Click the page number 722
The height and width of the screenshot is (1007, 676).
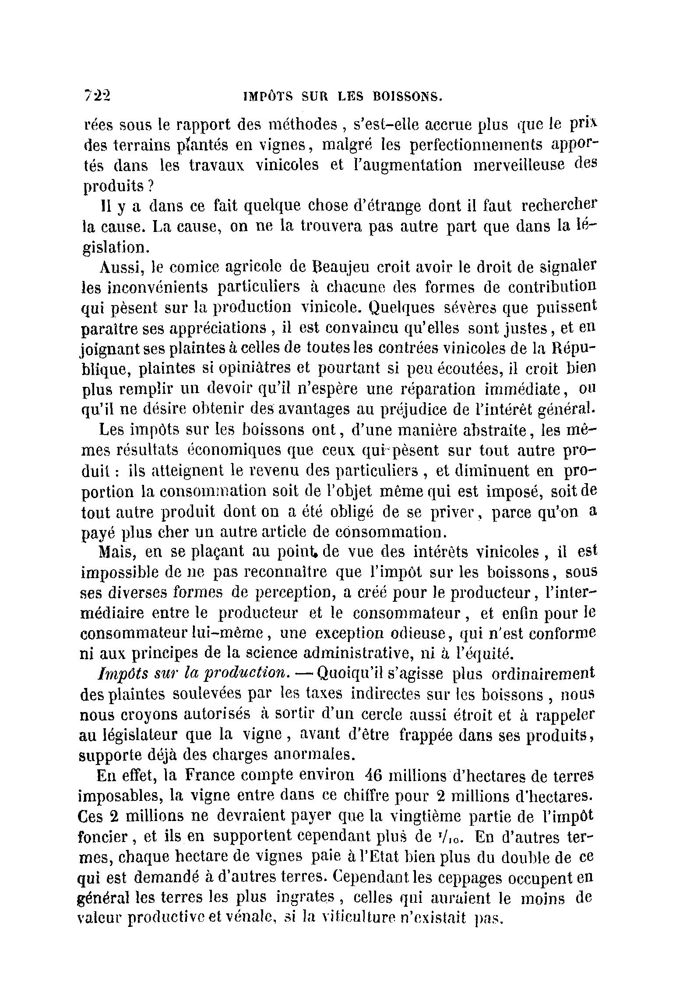pyautogui.click(x=97, y=95)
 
